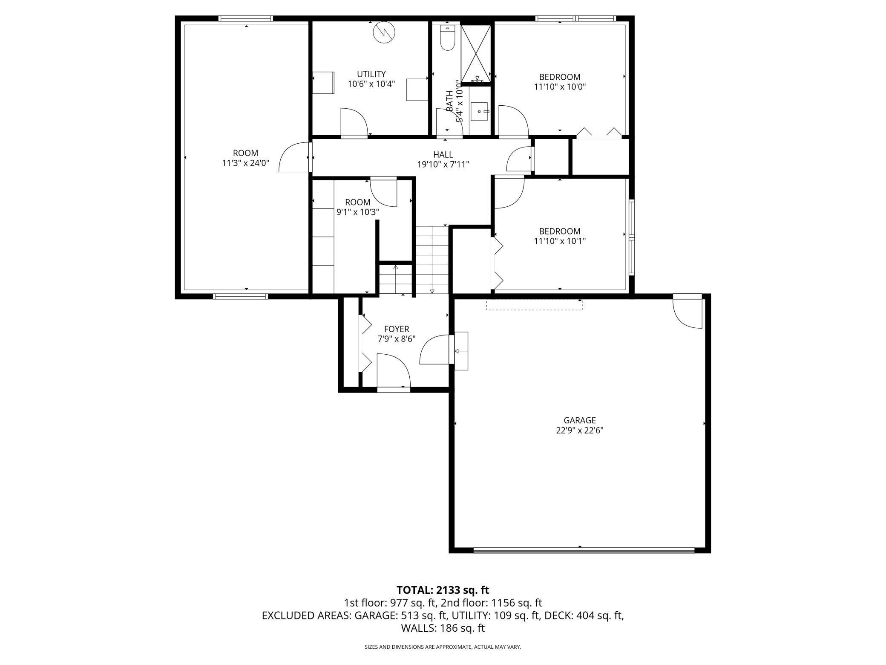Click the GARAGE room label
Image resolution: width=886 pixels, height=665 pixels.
coord(579,420)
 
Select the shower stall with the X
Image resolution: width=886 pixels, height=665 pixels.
coord(476,53)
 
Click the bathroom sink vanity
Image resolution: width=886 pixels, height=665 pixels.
coord(480,112)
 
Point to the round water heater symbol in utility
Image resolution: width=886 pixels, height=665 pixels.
coord(384,32)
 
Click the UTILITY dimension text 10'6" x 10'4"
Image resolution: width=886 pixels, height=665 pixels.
coord(371,84)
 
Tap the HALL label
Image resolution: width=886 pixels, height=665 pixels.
coord(443,154)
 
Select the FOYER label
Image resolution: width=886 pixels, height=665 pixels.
coord(396,329)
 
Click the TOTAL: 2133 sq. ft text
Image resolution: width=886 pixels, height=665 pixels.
coord(443,590)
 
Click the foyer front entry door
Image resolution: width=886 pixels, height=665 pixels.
coord(394,371)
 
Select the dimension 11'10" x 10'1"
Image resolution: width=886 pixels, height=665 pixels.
coord(560,241)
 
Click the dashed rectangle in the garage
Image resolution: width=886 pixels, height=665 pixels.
coord(535,304)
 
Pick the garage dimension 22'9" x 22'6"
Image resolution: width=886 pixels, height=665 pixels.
coord(579,431)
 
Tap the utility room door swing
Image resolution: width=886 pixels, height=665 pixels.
coord(354,122)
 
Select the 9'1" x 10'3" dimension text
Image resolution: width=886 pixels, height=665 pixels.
coord(357,212)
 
